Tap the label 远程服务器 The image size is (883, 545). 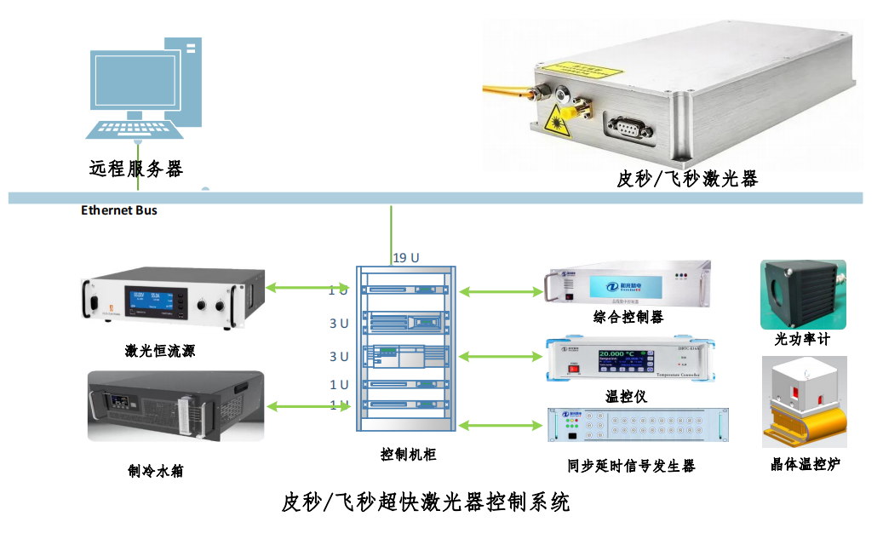[136, 169]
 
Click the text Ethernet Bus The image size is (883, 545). [119, 210]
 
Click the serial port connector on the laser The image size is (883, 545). [629, 129]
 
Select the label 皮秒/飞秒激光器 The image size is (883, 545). [687, 179]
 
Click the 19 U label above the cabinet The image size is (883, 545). [406, 257]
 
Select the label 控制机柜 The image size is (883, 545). [408, 455]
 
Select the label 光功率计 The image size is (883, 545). [801, 339]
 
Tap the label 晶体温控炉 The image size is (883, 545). [804, 464]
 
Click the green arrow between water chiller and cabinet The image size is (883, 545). [307, 406]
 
